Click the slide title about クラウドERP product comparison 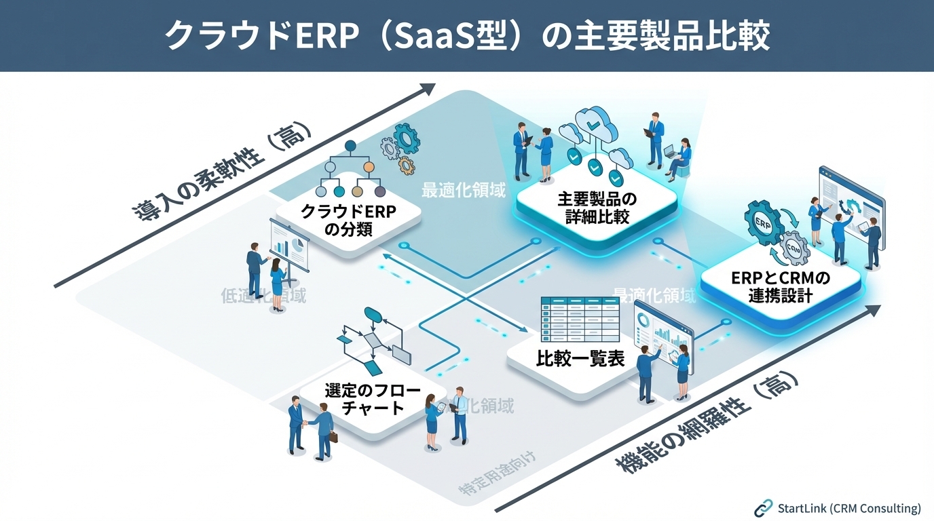point(467,35)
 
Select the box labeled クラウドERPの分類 point(348,220)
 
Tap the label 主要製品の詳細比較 point(597,208)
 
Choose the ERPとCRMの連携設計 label point(781,287)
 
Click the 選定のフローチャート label point(372,399)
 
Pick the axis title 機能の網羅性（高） point(706,424)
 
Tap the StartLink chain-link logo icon point(764,507)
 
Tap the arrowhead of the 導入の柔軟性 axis point(428,89)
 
